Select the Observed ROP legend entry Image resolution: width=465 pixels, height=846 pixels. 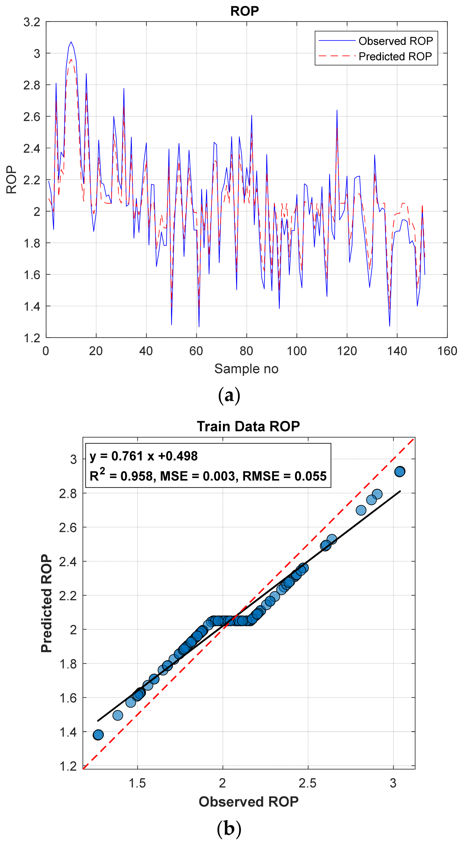pyautogui.click(x=395, y=41)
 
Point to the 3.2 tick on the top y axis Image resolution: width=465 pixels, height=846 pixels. pyautogui.click(x=32, y=22)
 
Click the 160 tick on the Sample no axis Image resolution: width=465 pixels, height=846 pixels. pyautogui.click(x=447, y=351)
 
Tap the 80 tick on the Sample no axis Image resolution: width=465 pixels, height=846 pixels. pyautogui.click(x=246, y=351)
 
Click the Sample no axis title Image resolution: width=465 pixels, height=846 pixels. pyautogui.click(x=246, y=369)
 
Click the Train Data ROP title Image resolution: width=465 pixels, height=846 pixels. pyautogui.click(x=248, y=426)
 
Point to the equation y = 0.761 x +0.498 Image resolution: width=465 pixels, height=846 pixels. pyautogui.click(x=144, y=456)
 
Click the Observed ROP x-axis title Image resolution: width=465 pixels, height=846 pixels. pyautogui.click(x=248, y=801)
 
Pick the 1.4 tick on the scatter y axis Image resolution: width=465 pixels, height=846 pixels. pyautogui.click(x=68, y=732)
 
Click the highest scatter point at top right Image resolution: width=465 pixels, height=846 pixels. pyautogui.click(x=399, y=472)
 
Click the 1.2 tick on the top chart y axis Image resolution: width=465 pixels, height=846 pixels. pyautogui.click(x=32, y=338)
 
